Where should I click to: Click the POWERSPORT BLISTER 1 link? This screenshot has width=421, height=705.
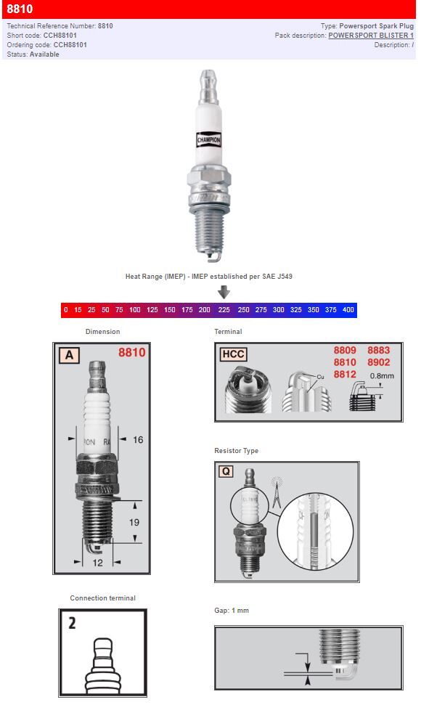point(371,35)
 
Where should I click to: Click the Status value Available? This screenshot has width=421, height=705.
point(45,54)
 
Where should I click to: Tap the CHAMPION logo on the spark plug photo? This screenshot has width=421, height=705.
point(209,139)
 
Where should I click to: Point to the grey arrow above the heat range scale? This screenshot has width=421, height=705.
point(224,292)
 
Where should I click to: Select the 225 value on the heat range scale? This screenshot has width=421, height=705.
point(224,310)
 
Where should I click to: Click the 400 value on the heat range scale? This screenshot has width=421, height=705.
point(348,310)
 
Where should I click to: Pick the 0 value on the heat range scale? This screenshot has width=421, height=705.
point(66,310)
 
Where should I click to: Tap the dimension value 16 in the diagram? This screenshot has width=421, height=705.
point(139,439)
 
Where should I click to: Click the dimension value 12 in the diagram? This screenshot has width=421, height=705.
point(97,562)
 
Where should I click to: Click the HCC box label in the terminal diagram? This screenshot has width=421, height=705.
point(233,354)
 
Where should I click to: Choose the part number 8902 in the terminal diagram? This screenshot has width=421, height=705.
point(378,362)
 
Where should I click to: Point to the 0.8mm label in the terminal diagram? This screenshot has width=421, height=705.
point(382,376)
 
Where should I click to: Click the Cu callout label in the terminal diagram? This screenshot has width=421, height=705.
point(321,377)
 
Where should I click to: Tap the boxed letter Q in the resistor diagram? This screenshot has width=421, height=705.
point(226,471)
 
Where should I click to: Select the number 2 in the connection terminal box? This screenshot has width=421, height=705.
point(73,622)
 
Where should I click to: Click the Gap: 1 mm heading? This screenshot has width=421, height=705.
point(231,611)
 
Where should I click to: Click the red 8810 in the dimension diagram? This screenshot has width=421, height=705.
point(131,353)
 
